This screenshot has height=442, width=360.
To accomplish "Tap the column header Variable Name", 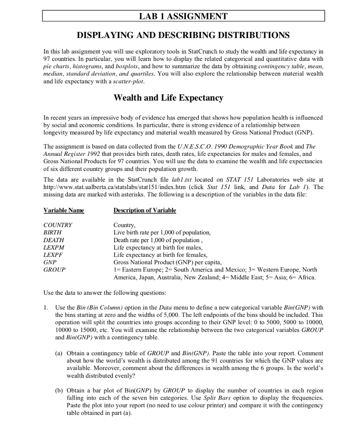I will click(x=64, y=210).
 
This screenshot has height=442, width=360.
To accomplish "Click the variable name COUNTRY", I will click(x=58, y=225).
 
